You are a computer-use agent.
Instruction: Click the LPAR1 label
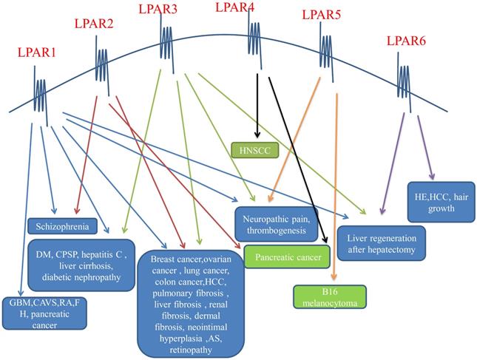click(x=38, y=54)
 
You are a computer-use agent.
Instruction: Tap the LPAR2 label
click(x=94, y=24)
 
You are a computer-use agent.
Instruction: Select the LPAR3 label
click(x=158, y=9)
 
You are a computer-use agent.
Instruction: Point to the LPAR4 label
click(x=234, y=8)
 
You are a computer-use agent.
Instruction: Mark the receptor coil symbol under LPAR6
click(x=405, y=75)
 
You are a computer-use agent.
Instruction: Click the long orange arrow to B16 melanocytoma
click(x=336, y=185)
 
